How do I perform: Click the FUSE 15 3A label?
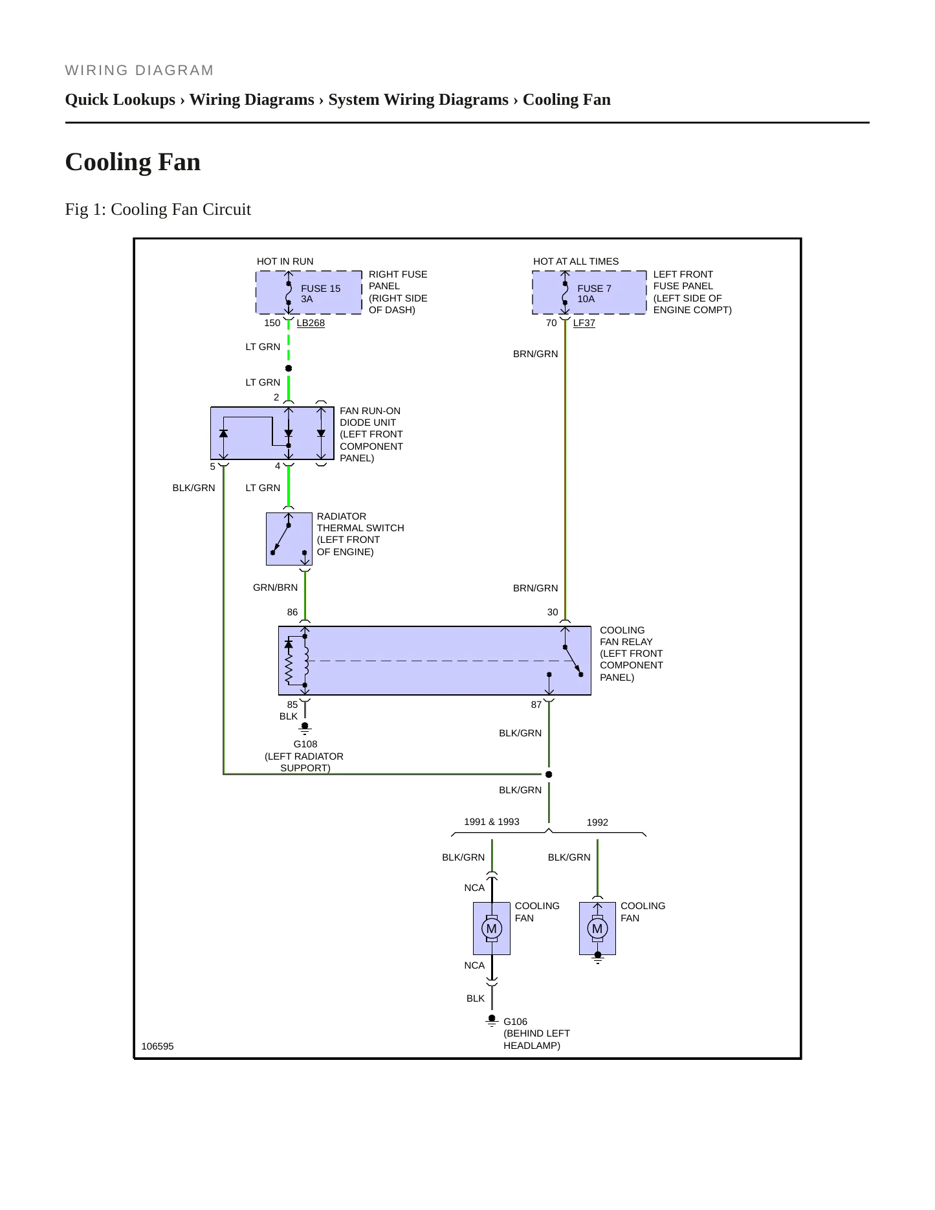320,294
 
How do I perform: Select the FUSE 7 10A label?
594,294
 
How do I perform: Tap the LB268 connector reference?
311,323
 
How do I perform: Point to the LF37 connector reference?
584,323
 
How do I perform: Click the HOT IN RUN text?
285,261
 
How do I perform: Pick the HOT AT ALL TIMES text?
576,261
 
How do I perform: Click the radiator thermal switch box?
289,539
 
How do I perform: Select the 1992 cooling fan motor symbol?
597,929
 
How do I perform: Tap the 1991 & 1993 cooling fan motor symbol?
492,929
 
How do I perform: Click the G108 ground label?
305,744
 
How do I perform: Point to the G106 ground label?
515,1022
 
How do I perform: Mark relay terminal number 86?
292,612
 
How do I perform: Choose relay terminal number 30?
553,612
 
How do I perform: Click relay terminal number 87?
536,705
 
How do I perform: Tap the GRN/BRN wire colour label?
276,588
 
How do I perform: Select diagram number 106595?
157,1046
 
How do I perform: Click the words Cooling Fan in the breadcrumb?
567,100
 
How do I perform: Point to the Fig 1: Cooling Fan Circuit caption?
158,209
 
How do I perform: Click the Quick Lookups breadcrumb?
120,100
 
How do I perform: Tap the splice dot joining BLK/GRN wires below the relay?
549,775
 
